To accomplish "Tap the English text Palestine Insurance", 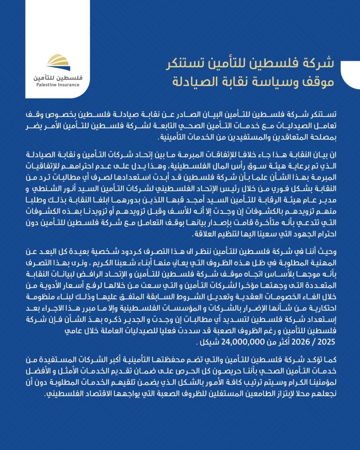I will (x=58, y=85).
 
